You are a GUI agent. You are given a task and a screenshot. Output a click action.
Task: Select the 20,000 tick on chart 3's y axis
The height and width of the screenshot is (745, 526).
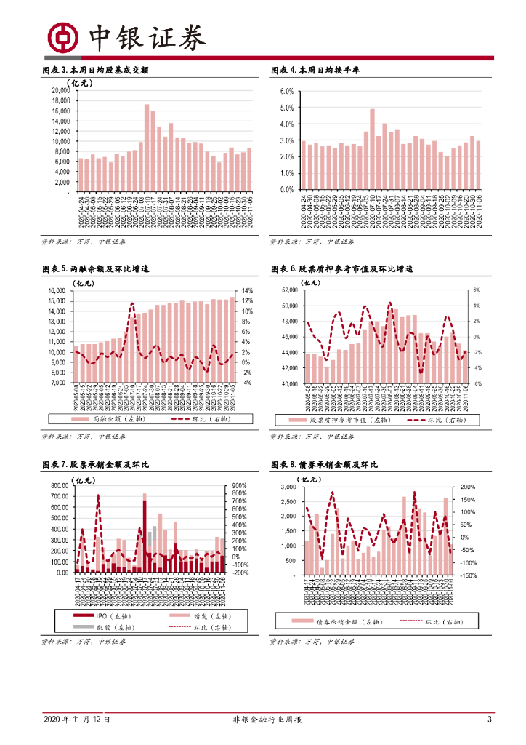(60, 90)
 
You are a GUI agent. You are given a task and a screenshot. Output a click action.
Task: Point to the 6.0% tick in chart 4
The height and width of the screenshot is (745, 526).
(286, 91)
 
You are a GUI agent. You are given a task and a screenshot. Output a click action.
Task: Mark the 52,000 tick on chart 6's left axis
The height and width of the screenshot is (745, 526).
(287, 290)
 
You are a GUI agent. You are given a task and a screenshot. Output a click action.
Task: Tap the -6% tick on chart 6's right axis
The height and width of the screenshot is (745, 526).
(477, 383)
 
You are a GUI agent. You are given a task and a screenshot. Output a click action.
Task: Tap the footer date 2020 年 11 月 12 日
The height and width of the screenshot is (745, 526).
(77, 720)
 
